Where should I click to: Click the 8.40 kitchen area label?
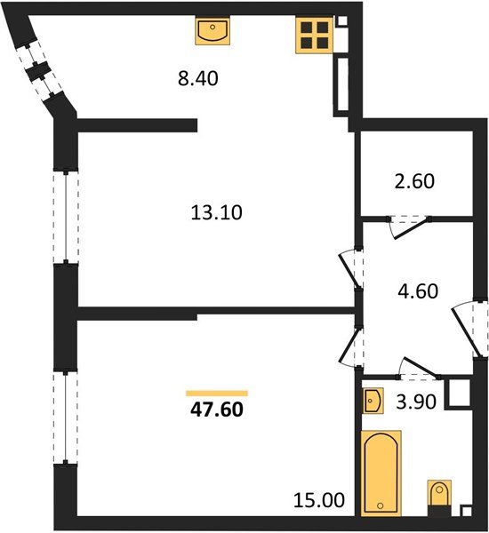pos(198,78)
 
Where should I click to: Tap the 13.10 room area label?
pos(216,213)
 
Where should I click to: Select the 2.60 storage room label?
pos(414,181)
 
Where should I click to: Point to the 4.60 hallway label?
pos(418,291)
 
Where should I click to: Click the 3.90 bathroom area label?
pos(416,402)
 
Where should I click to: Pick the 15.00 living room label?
pos(319,500)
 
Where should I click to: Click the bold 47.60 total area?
pos(217,410)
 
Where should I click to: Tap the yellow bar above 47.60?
pos(217,394)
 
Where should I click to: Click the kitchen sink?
pos(212,31)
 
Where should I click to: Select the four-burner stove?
pos(314,36)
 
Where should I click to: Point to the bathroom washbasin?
pos(373,401)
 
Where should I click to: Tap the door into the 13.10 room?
pos(351,269)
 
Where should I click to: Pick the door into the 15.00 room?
pos(351,346)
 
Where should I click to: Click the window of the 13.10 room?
pos(66,217)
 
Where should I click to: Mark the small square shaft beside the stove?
pos(342,20)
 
